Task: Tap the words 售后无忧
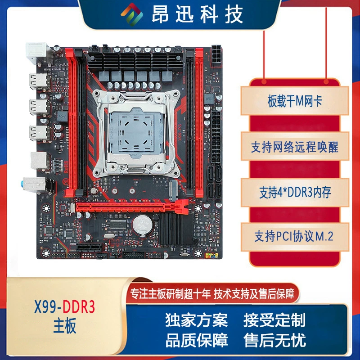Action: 274,340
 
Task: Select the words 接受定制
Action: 274,320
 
